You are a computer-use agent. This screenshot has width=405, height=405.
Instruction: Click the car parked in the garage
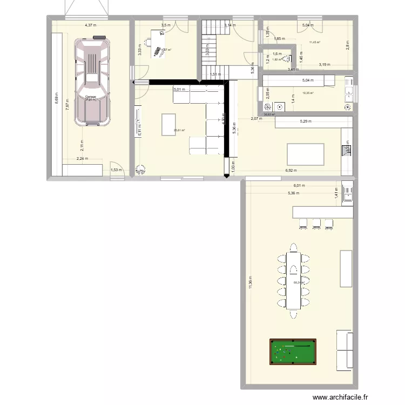[x=93, y=81]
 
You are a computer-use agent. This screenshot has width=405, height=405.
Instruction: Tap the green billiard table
[x=293, y=353]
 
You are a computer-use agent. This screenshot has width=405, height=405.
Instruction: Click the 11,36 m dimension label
[x=250, y=281]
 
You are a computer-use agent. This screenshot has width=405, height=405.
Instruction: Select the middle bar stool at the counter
[x=315, y=222]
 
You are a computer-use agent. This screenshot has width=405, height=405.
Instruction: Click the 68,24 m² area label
[x=299, y=282]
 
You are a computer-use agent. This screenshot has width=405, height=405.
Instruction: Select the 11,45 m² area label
[x=314, y=42]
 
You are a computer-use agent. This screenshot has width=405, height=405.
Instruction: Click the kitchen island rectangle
[x=306, y=154]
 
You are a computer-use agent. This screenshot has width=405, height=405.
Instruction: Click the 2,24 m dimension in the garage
[x=82, y=159]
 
